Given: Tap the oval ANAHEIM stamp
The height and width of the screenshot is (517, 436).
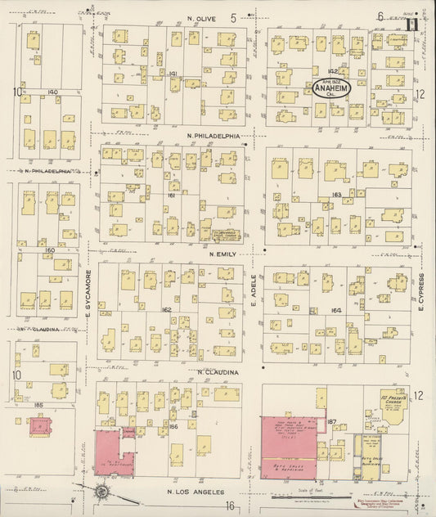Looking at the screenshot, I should point(330,91).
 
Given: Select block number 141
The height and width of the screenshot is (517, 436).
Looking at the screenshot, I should point(173,74).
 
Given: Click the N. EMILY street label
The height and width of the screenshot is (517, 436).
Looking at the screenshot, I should point(222,254).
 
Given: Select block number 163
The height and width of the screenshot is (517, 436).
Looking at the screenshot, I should point(336,195).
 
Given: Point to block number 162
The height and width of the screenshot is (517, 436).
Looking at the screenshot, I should point(167,310).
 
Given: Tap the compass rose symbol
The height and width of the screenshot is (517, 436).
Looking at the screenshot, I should point(102,492).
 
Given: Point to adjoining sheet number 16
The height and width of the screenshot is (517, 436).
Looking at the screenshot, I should point(231,506).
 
